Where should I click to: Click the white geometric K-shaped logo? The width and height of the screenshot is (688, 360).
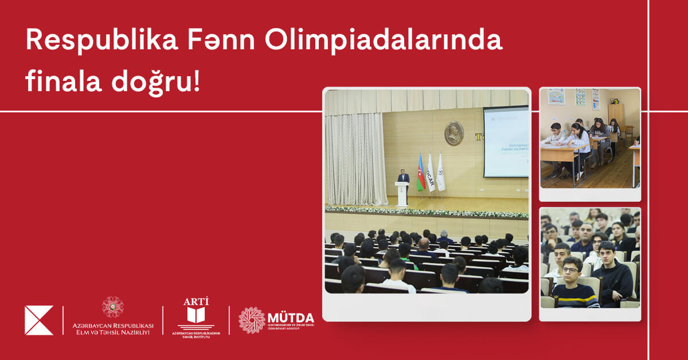point(38,320)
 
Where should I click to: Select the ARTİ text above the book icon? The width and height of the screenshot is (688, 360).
point(196,302)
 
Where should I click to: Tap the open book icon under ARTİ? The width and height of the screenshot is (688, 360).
point(196,315)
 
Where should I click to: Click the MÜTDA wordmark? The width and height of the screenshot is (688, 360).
point(291,318)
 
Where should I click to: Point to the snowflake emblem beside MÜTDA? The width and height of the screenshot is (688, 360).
point(252,320)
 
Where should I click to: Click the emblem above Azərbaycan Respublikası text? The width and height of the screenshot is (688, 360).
point(112,307)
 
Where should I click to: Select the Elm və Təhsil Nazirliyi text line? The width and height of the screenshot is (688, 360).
point(112,332)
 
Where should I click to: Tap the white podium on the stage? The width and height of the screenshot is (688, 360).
point(402,194)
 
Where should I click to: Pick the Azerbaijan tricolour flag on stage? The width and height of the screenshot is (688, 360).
point(420,173)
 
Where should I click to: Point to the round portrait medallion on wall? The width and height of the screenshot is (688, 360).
point(454,133)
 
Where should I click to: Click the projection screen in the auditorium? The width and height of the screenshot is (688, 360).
point(505,142)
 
